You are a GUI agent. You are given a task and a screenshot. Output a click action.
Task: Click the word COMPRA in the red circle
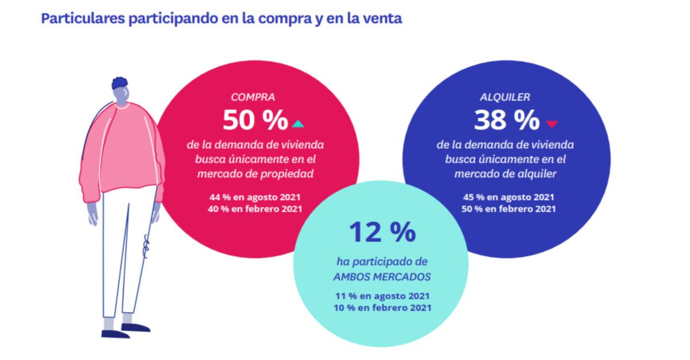(253, 97)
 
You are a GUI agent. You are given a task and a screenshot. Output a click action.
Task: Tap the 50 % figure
(255, 120)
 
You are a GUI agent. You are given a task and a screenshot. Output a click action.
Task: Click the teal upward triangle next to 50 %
(297, 123)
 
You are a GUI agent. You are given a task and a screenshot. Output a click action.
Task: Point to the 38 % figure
(507, 120)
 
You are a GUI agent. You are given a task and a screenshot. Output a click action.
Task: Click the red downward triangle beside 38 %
(552, 123)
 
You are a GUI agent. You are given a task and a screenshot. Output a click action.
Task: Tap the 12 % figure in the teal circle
(382, 232)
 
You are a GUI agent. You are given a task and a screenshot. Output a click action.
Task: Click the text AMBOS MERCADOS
(382, 276)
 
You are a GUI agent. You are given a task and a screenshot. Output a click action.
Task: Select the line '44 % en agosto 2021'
(255, 197)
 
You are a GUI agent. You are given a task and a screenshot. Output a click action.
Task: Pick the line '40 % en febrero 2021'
(255, 208)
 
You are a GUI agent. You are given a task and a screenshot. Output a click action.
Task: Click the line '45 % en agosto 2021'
(508, 197)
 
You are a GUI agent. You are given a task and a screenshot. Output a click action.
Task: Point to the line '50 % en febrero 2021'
(508, 209)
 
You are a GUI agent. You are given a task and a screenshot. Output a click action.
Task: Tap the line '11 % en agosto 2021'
(382, 296)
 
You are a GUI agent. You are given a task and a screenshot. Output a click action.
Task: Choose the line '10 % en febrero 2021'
(382, 308)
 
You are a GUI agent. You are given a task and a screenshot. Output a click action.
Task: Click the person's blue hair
(120, 83)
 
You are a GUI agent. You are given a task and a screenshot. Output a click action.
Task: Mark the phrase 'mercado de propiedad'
(255, 173)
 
